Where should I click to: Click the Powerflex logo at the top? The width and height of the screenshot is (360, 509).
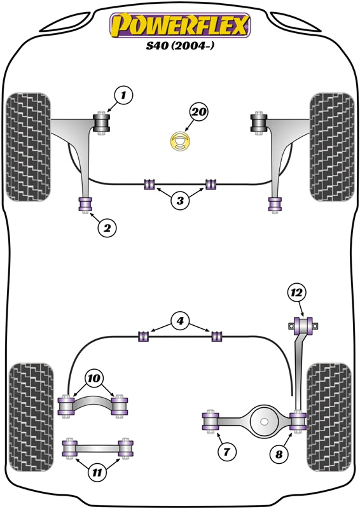point(180,26)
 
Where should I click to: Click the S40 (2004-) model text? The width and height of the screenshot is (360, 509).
point(180,46)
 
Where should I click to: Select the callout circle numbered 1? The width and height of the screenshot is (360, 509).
point(124,96)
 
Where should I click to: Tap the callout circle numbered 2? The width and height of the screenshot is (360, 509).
point(106,227)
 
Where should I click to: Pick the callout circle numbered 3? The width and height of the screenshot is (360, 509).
point(180,201)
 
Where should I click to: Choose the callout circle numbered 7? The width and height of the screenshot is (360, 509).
point(226,452)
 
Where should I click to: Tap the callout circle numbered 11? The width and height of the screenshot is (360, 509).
point(97,472)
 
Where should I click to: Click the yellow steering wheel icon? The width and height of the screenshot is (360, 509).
point(181,141)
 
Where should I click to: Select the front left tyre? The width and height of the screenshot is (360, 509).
point(28,147)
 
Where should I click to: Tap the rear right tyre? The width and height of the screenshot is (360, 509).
point(329,417)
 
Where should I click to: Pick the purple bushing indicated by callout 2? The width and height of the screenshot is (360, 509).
point(85,204)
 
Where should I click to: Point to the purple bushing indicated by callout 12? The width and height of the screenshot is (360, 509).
point(304,326)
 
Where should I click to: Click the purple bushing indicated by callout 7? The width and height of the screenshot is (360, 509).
point(211,421)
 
